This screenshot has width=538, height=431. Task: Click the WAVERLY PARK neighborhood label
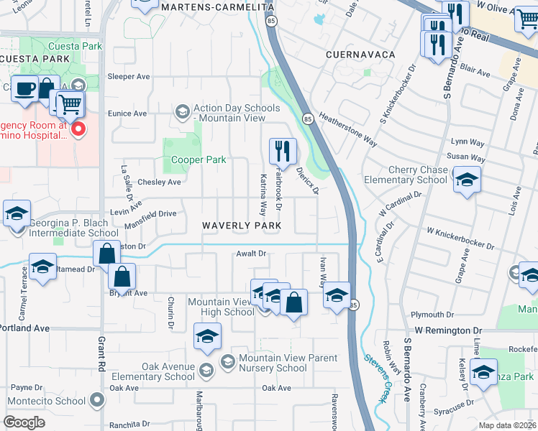242,226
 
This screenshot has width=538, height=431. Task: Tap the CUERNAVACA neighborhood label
351,55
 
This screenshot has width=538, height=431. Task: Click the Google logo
24,422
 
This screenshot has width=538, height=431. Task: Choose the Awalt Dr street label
251,254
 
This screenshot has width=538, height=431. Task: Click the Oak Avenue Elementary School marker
206,371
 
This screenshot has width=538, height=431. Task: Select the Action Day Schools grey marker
182,111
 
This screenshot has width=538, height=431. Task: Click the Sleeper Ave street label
128,76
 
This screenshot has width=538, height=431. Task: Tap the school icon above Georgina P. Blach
17,213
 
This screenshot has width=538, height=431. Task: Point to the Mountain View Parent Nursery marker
228,360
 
